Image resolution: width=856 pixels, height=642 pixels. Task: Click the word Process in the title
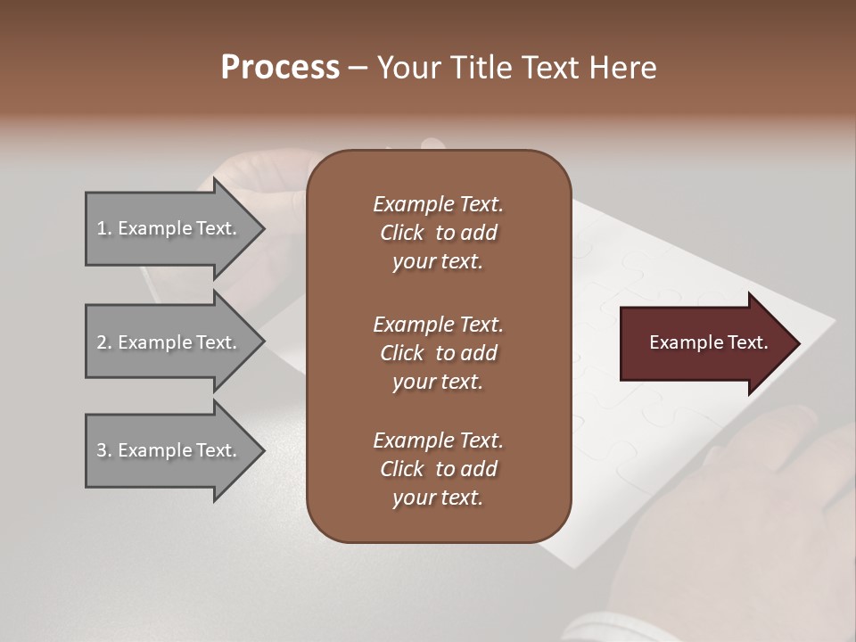(x=280, y=67)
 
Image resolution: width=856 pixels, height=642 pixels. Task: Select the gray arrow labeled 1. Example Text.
(x=169, y=228)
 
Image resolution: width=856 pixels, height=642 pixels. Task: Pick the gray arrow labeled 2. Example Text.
(x=169, y=342)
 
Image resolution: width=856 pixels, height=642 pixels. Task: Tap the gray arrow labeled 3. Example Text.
(x=169, y=450)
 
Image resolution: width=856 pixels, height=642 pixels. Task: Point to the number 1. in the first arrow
(x=104, y=228)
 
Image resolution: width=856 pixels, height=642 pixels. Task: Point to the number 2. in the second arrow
(x=104, y=342)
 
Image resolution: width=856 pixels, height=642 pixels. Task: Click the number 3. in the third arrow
(x=104, y=450)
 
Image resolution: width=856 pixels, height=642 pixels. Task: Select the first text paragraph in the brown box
(x=438, y=233)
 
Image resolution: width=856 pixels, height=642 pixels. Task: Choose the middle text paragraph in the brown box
(x=438, y=352)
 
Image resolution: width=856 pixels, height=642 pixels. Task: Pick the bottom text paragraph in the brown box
(x=438, y=469)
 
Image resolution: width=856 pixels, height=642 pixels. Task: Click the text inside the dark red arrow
(x=709, y=342)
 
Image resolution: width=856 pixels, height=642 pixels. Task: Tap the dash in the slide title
(x=358, y=68)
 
